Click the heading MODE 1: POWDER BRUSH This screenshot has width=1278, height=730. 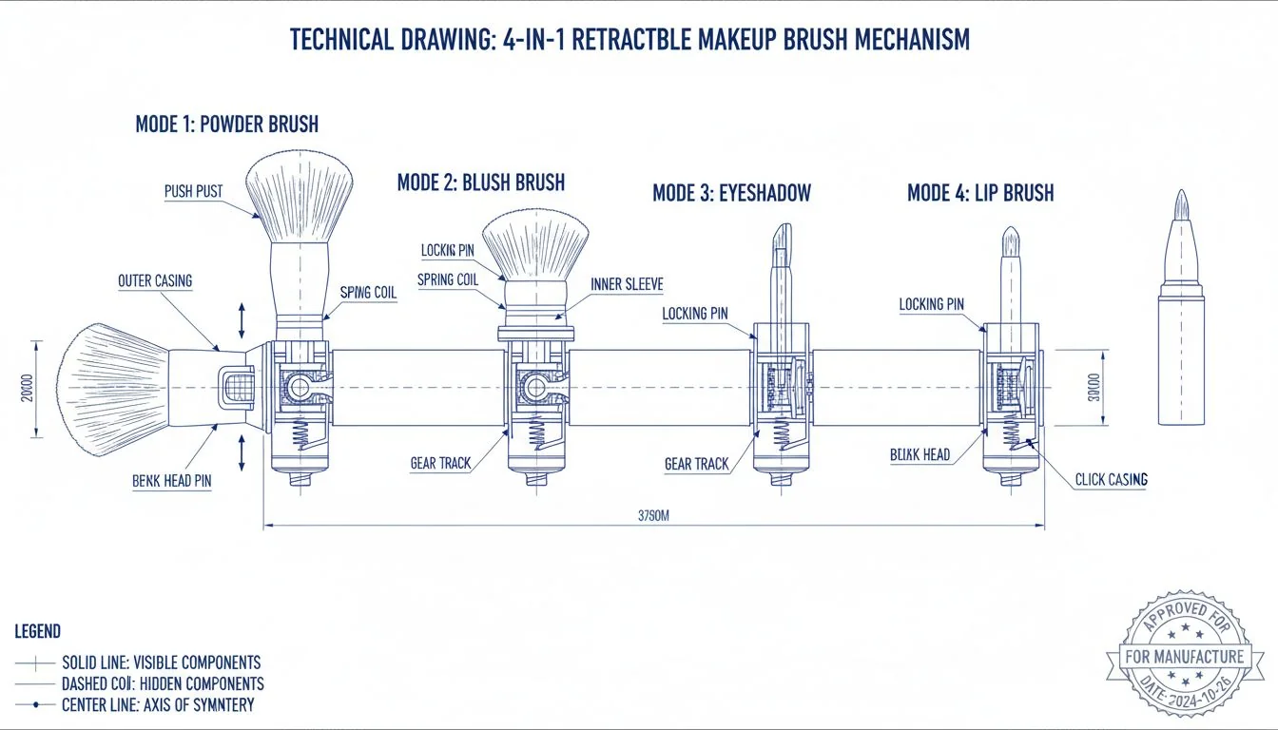tap(226, 125)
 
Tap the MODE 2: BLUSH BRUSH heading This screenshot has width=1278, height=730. tap(480, 182)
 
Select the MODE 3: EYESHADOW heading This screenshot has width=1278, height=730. tap(731, 193)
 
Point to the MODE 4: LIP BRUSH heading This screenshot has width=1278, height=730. tap(980, 193)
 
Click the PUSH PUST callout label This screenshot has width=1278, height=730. tap(193, 191)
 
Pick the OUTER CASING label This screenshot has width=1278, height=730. tap(155, 280)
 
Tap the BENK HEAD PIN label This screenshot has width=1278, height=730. tap(171, 481)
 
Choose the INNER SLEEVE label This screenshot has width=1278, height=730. tap(627, 284)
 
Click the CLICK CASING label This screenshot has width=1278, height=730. tap(1111, 480)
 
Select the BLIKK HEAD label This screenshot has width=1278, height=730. tap(920, 455)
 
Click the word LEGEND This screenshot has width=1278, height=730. tap(38, 631)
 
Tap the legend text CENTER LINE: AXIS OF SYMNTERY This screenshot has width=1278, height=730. tap(158, 704)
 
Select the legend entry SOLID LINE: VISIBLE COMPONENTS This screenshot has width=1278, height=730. tap(161, 663)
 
